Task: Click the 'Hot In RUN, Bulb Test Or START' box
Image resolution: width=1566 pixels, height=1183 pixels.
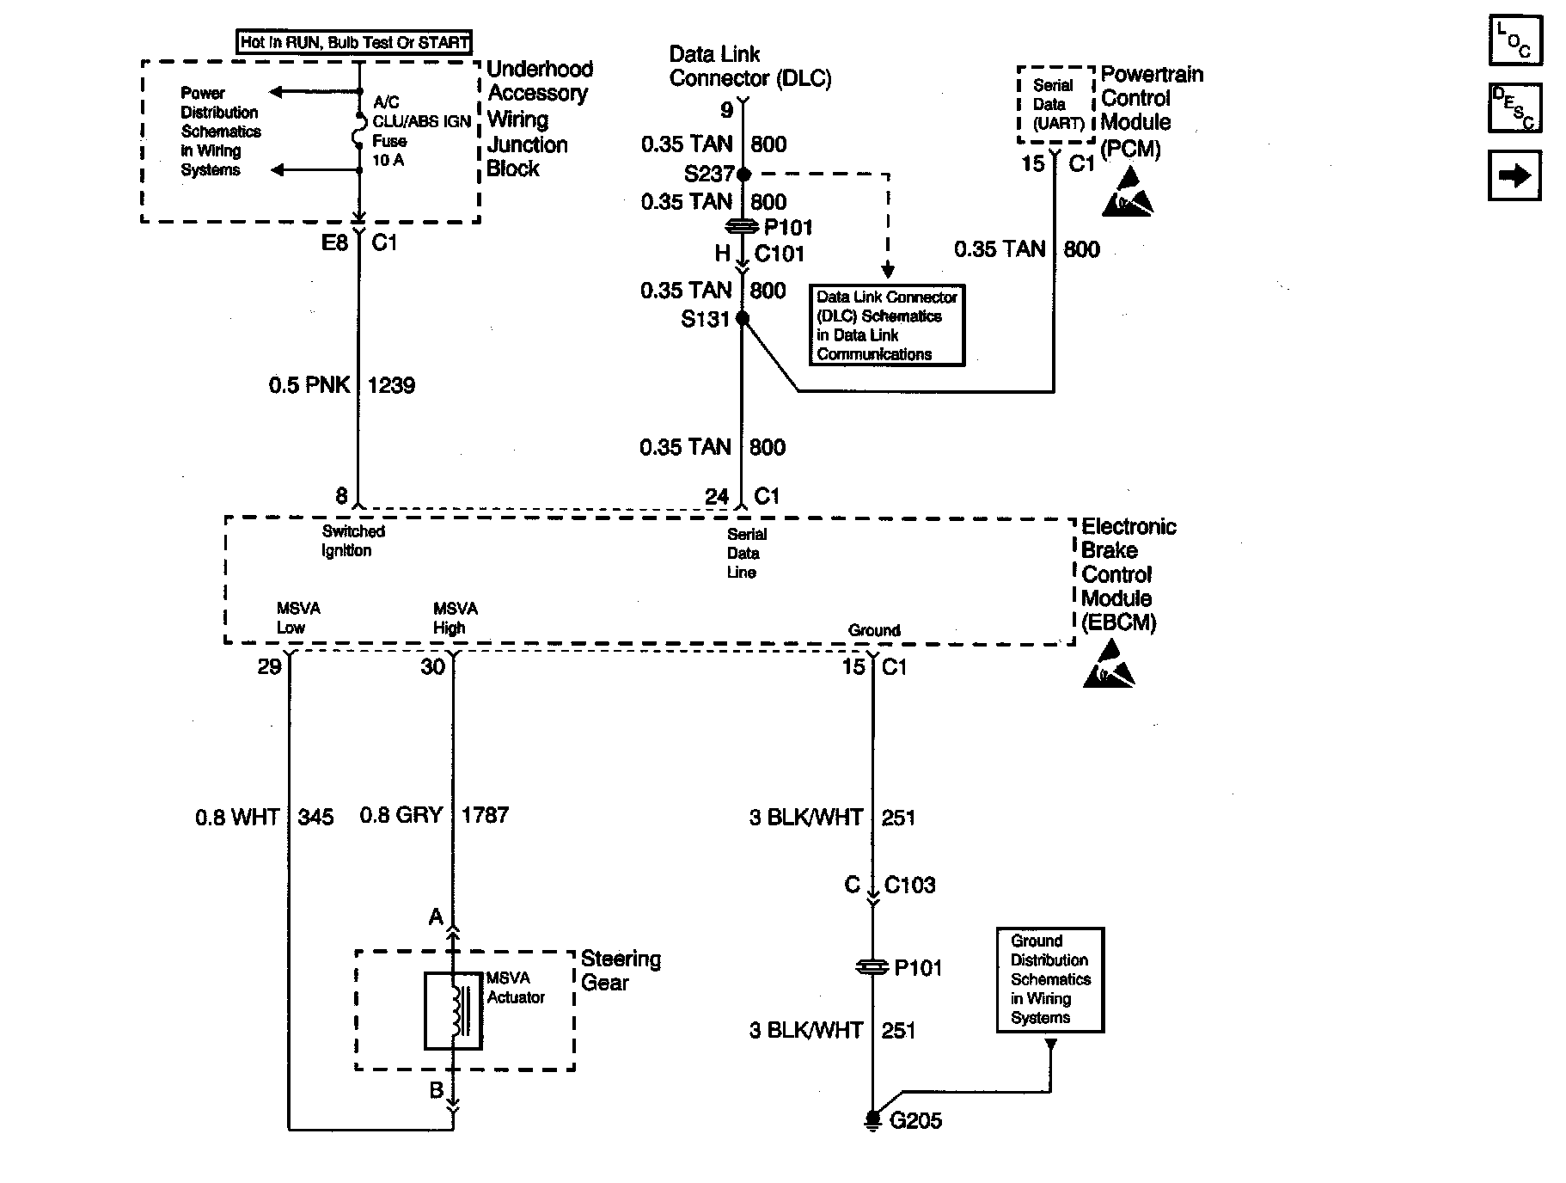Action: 354,42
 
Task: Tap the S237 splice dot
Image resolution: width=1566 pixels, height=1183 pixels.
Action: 744,175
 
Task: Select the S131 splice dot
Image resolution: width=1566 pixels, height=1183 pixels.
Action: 743,319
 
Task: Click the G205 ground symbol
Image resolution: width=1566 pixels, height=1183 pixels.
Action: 872,1119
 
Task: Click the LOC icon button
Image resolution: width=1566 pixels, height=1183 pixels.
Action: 1515,40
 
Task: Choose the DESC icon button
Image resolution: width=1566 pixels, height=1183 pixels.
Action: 1515,107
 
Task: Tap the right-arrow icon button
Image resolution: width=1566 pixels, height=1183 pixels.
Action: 1515,175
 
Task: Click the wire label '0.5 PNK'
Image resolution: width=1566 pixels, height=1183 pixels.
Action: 309,385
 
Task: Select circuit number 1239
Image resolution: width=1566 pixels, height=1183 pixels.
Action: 391,385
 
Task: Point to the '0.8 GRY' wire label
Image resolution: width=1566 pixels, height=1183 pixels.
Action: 401,815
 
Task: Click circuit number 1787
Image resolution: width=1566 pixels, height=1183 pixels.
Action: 486,815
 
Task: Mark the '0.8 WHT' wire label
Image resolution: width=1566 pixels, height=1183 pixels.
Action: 237,817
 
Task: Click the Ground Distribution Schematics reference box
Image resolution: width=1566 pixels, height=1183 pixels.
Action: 1049,979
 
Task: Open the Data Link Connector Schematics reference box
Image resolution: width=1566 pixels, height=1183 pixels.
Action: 887,325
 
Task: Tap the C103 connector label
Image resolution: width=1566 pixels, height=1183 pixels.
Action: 909,885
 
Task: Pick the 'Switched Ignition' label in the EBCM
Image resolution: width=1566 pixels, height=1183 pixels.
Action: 352,541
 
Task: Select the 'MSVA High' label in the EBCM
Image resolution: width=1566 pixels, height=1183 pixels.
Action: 455,618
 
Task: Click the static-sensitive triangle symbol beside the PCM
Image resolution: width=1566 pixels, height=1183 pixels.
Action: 1128,193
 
